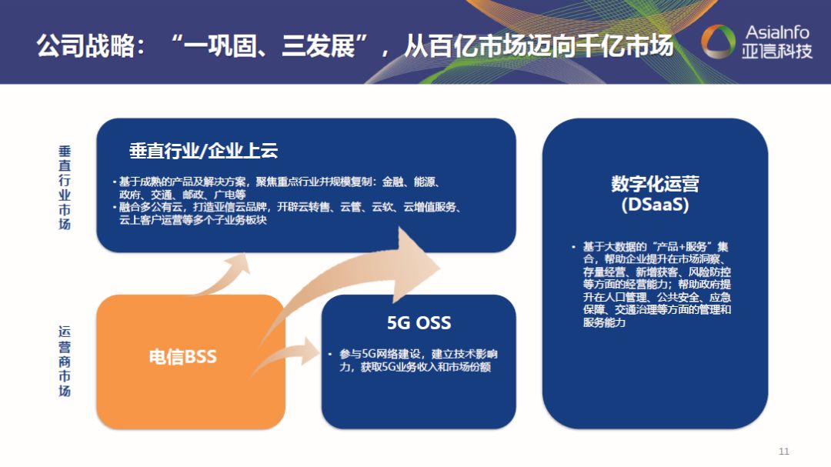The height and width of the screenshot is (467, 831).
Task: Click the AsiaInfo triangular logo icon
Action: (x=719, y=43)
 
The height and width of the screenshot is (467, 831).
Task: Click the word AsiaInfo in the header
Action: (x=777, y=32)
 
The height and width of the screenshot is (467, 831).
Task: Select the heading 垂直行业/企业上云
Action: (x=203, y=150)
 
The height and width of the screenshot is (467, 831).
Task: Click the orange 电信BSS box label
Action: (x=182, y=357)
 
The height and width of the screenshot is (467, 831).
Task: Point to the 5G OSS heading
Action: (x=419, y=322)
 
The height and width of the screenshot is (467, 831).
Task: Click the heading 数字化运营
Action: (x=655, y=185)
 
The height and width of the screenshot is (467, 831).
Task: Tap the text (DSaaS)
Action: (x=655, y=206)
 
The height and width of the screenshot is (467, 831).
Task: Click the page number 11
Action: (x=784, y=451)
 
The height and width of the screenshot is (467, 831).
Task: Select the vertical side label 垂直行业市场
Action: (x=65, y=187)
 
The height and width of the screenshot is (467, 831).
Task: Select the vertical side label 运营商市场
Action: (x=65, y=362)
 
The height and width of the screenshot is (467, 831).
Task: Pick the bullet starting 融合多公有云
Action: (x=289, y=214)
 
